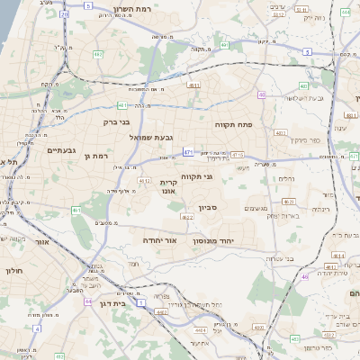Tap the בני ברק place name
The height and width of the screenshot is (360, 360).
tap(114, 121)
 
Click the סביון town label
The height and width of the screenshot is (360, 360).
tap(202, 208)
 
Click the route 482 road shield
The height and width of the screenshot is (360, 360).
tap(97, 54)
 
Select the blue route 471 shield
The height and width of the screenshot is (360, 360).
tap(187, 152)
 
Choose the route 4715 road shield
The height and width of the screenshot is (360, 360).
tap(238, 156)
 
